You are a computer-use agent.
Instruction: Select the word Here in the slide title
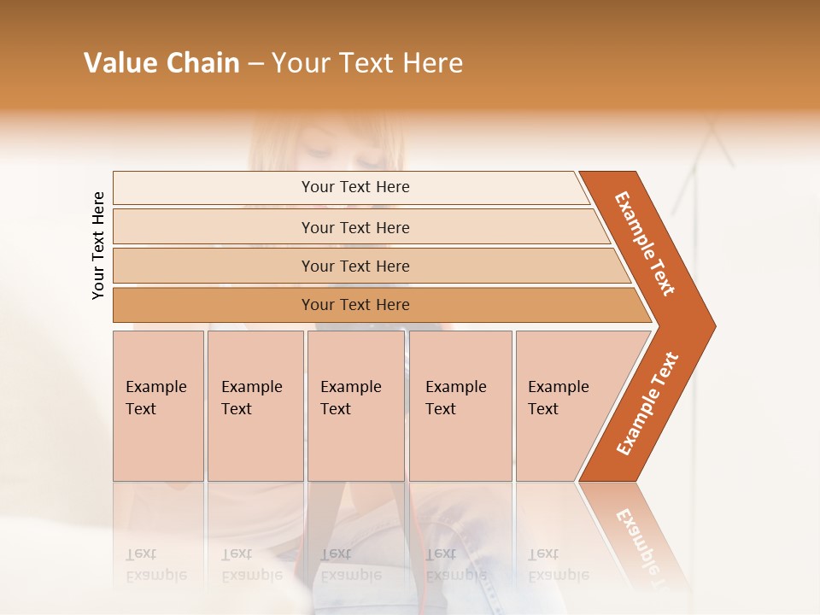coord(432,63)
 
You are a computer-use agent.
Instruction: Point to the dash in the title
coord(255,64)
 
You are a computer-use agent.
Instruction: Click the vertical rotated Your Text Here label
coord(98,245)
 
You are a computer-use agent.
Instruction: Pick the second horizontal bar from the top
coord(355,227)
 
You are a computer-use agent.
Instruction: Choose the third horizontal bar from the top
coord(355,266)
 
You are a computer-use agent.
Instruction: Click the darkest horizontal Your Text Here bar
coord(355,305)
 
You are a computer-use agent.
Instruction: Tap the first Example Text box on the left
coord(158,406)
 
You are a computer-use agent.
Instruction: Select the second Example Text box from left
coord(255,406)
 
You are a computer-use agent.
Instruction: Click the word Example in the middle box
coord(350,387)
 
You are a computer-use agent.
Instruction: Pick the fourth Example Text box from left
coord(460,406)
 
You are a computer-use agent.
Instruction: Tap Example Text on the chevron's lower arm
coord(647,403)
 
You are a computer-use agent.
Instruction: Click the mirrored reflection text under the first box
coord(155,565)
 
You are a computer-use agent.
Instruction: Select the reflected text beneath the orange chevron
coord(641,538)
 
